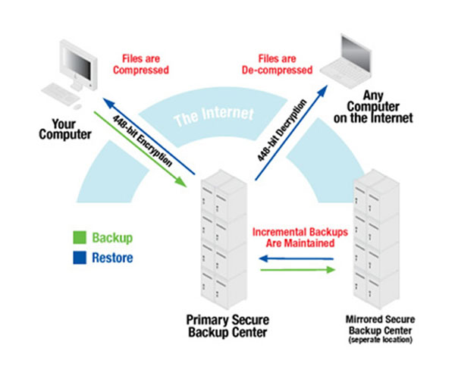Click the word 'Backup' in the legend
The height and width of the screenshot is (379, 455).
click(x=111, y=238)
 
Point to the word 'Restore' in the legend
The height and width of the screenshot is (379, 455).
click(x=111, y=258)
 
